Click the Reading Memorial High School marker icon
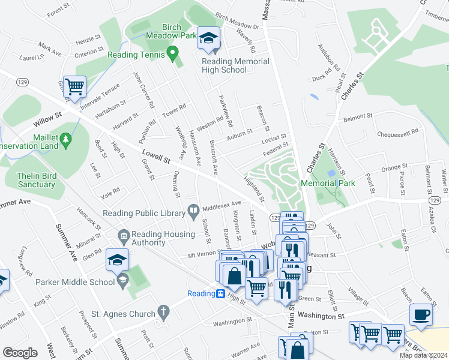pyautogui.click(x=208, y=39)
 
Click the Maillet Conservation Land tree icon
pyautogui.click(x=66, y=140)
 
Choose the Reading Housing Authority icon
pyautogui.click(x=124, y=235)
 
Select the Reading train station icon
pyautogui.click(x=221, y=293)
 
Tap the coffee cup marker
pyautogui.click(x=421, y=314)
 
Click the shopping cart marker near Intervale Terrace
pyautogui.click(x=75, y=86)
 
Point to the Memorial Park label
pyautogui.click(x=345, y=183)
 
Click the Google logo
pyautogui.click(x=20, y=353)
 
